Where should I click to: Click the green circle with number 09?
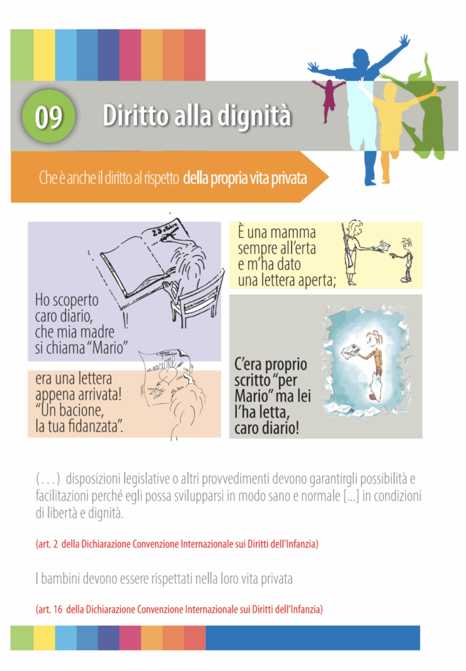(48, 116)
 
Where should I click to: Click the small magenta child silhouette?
(329, 99)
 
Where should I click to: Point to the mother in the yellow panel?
(353, 252)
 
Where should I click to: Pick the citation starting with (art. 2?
(177, 544)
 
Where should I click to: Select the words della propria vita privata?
(245, 178)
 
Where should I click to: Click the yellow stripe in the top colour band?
(44, 55)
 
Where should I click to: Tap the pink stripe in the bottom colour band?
(130, 638)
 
